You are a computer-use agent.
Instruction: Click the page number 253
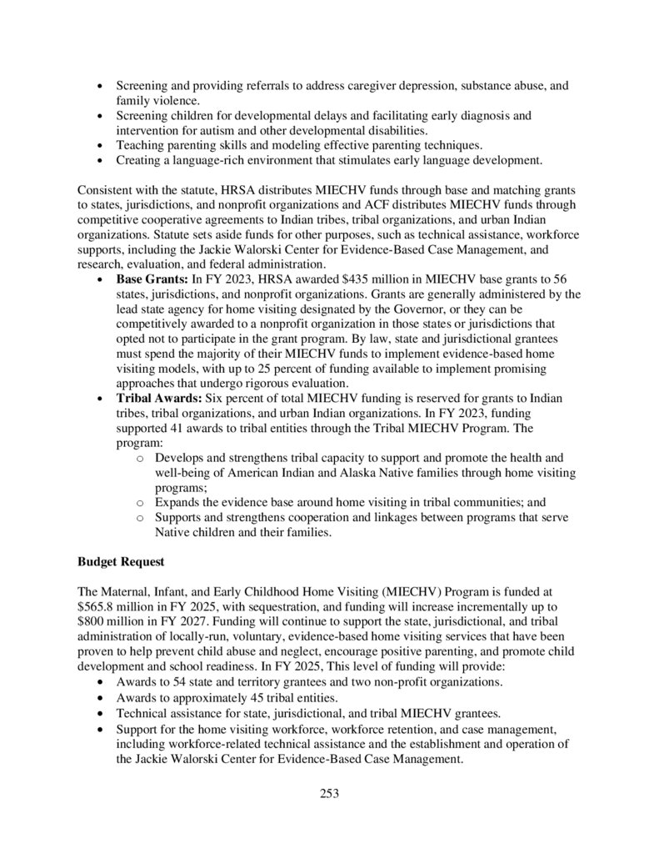click(x=329, y=793)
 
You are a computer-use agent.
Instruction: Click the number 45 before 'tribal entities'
click(x=237, y=696)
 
